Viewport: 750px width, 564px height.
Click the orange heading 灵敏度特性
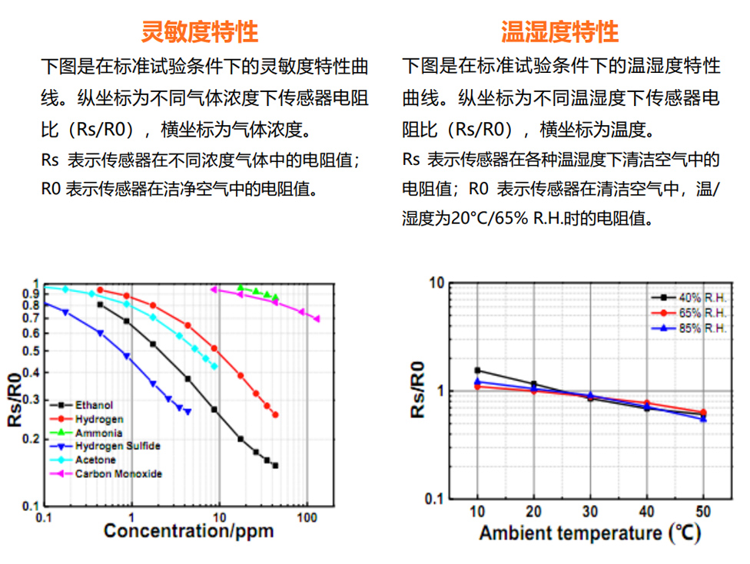click(200, 31)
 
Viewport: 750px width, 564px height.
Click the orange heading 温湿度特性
click(559, 31)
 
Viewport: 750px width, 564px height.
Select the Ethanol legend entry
click(94, 405)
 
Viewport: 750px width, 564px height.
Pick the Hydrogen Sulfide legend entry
click(117, 446)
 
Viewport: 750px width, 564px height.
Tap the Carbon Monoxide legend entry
click(118, 473)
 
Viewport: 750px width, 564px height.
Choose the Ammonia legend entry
click(98, 433)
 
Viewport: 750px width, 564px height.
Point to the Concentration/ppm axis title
click(188, 531)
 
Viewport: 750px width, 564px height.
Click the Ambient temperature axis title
click(589, 533)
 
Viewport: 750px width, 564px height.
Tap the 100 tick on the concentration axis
click(307, 519)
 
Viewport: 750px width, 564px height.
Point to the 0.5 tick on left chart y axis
click(31, 351)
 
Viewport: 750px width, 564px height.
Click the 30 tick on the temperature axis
click(589, 512)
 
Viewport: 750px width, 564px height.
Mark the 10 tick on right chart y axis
click(436, 283)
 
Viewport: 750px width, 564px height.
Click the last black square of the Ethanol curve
click(275, 466)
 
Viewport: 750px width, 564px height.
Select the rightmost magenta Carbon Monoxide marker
click(317, 318)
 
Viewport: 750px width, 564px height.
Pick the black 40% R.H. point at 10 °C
click(477, 370)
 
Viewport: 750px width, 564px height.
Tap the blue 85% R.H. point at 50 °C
click(703, 419)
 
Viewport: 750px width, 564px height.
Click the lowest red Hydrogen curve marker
click(275, 415)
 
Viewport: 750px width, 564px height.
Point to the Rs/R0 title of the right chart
click(418, 391)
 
